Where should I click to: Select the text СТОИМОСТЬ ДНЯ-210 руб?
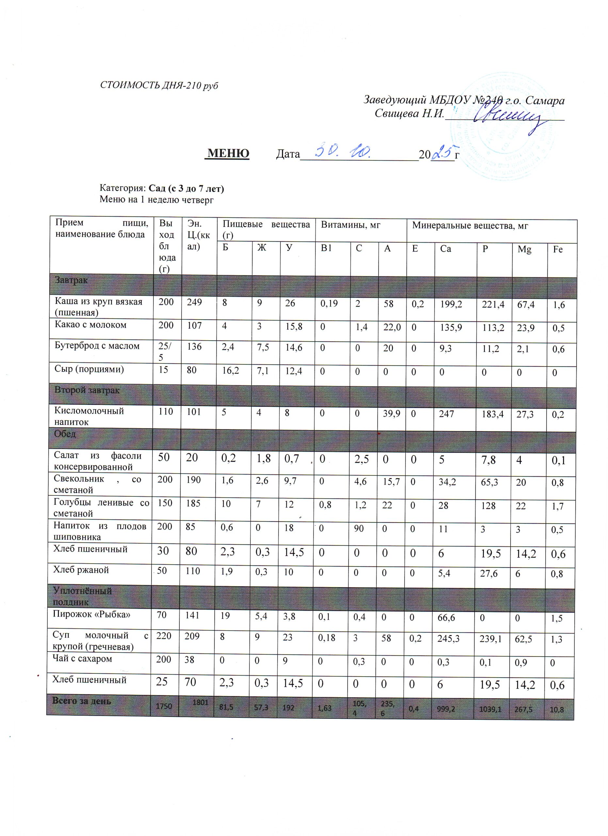[x=159, y=86]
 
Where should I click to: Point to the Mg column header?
[x=524, y=249]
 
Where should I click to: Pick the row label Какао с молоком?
[x=91, y=325]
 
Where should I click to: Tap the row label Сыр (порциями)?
[x=89, y=369]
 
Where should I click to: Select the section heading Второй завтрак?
[x=87, y=390]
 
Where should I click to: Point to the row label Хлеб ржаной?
[x=81, y=570]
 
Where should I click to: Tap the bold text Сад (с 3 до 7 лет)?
[x=186, y=188]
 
